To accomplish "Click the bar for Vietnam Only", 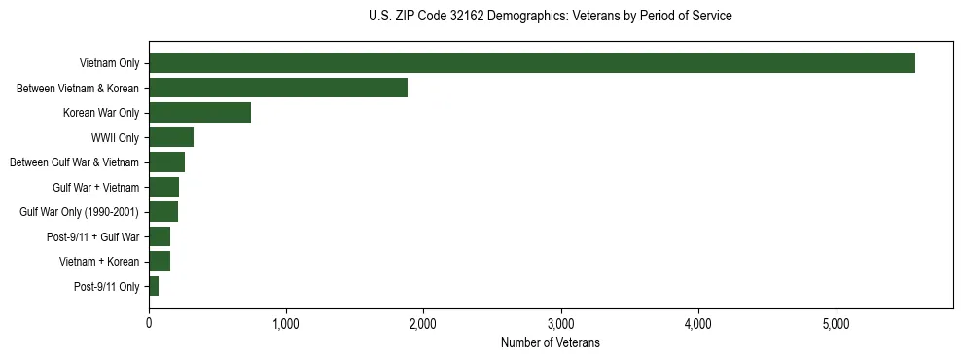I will [x=532, y=63].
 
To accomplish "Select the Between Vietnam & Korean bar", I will [x=278, y=89].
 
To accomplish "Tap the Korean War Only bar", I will [x=199, y=113].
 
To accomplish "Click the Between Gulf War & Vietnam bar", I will [x=166, y=162].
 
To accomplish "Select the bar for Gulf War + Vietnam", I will [x=163, y=187].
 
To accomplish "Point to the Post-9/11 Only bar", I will [x=154, y=286].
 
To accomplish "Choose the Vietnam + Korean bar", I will [x=160, y=262].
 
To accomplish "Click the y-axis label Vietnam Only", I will [x=110, y=64].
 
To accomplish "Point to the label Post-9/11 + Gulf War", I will [x=93, y=237].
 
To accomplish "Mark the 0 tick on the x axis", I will [x=149, y=323].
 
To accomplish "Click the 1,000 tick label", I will [x=286, y=323].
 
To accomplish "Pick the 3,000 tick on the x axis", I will [x=561, y=323].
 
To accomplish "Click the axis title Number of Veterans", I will [x=550, y=343].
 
